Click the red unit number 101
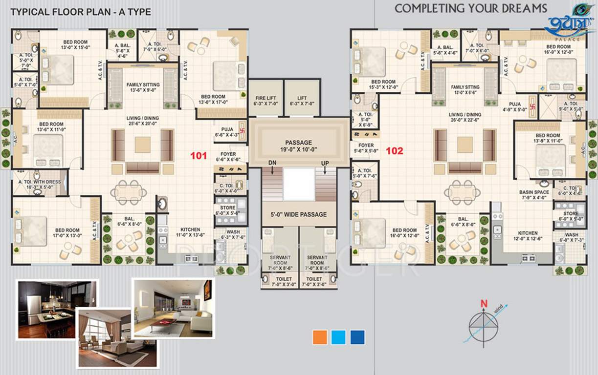coord(198,156)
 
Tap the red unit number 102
coord(395,151)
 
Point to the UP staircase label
coord(325,163)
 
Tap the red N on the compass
coord(484,303)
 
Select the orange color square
coord(320,337)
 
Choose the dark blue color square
coord(357,337)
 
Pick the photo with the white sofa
coord(174,308)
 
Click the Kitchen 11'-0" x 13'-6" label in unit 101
coord(190,232)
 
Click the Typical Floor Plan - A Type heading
coord(81,12)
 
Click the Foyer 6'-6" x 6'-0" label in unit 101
coord(227,156)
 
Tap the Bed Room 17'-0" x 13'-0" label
coord(67,233)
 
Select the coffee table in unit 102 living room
coord(465,145)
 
